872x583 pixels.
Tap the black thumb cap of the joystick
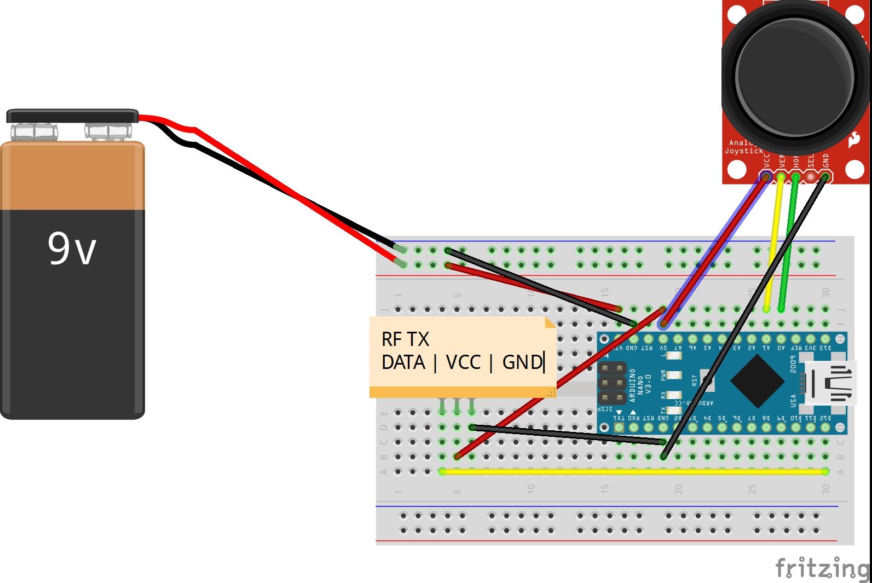click(x=794, y=77)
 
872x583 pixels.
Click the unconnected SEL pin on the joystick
click(x=810, y=177)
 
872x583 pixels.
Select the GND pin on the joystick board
click(x=825, y=176)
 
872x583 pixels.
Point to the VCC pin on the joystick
click(x=766, y=176)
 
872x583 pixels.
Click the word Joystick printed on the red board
click(x=743, y=151)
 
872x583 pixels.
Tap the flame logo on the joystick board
click(x=854, y=140)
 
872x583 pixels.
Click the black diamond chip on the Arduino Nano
click(x=757, y=381)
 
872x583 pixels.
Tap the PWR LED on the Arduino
click(x=674, y=376)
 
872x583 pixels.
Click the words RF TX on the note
click(x=405, y=339)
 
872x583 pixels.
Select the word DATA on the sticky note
click(x=403, y=362)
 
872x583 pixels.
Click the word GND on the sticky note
click(x=522, y=362)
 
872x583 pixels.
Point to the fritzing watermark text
click(x=822, y=568)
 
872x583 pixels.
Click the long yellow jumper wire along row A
click(x=630, y=471)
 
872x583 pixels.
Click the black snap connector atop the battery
click(x=72, y=116)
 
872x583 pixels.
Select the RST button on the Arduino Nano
click(x=707, y=380)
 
